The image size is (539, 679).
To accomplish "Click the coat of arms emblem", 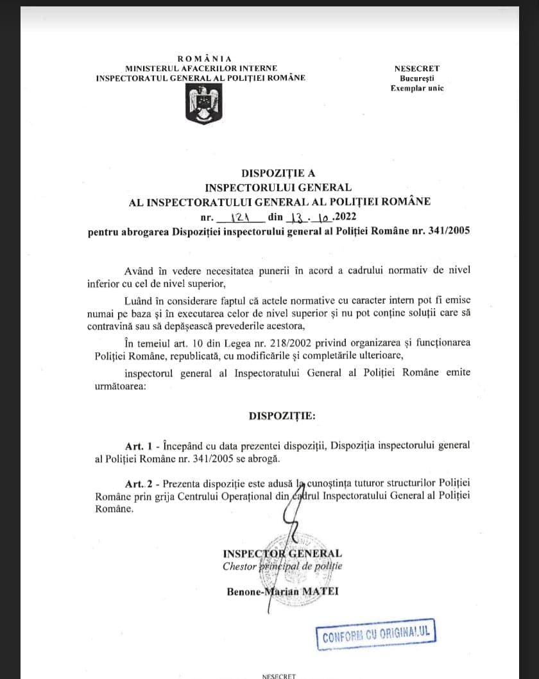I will point(203,105).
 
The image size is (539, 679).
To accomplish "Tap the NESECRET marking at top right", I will point(417,69).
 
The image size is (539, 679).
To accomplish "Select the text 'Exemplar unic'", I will point(417,89).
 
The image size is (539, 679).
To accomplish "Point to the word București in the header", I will point(417,78).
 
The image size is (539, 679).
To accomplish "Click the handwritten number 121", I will point(239,217).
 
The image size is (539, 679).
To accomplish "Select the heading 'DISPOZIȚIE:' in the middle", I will point(282,416).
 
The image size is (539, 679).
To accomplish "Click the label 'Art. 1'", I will point(140,445).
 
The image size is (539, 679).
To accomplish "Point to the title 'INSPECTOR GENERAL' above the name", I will point(282,553).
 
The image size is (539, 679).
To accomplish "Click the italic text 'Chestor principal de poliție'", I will point(282,567).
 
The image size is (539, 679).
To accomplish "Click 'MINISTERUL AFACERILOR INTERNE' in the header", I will point(201,68).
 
